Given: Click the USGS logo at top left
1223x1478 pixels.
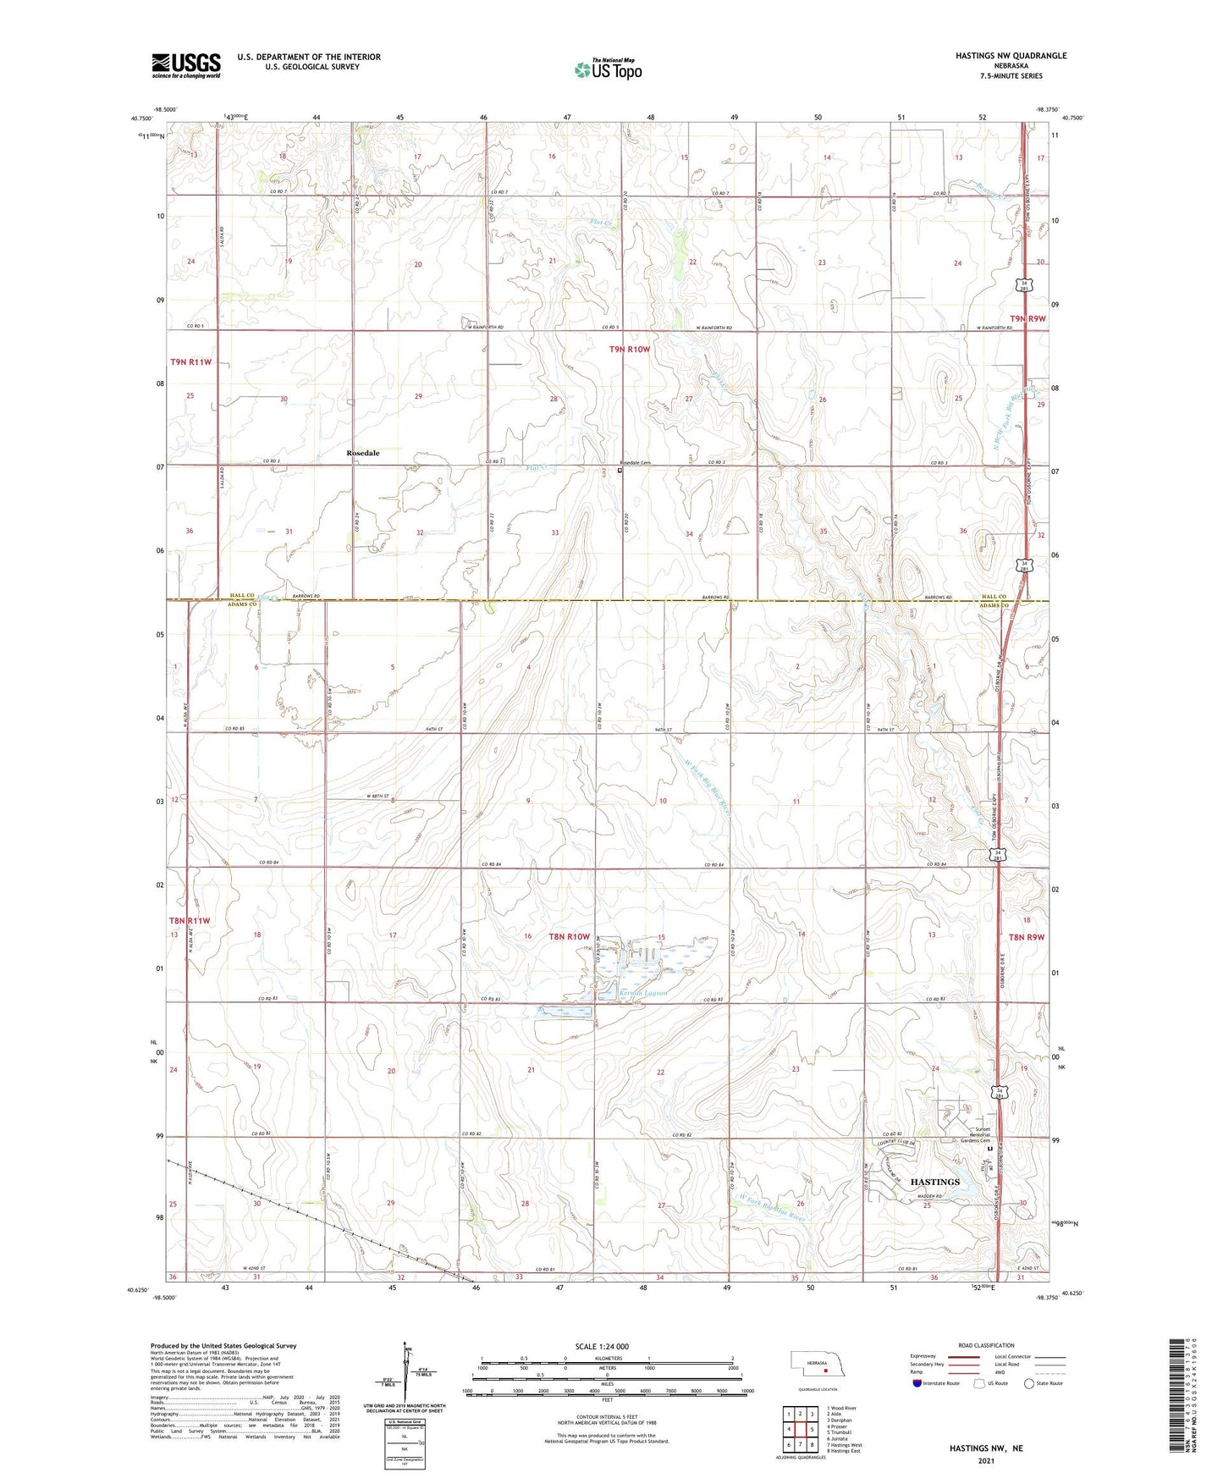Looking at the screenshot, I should (x=186, y=65).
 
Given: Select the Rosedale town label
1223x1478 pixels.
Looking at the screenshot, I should (x=363, y=453).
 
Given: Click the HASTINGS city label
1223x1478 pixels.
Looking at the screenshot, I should (x=934, y=1182).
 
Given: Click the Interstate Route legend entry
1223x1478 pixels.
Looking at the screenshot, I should (x=936, y=1383).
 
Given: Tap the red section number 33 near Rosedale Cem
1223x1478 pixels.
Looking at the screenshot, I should (x=554, y=533).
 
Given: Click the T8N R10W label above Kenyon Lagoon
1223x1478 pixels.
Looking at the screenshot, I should (x=568, y=936).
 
